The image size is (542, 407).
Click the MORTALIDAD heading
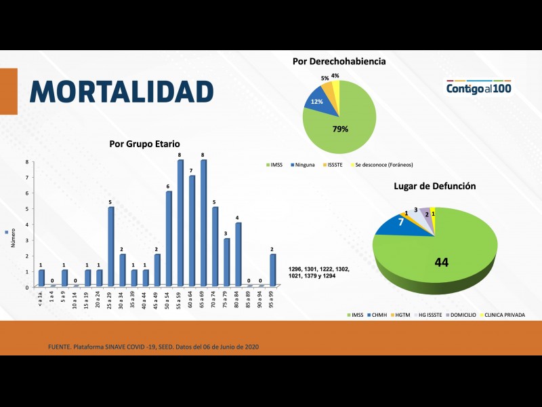click(x=121, y=92)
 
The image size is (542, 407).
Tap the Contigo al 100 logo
click(x=479, y=88)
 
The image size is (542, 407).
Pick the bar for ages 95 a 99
click(x=272, y=270)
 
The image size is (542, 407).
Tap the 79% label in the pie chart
click(x=339, y=129)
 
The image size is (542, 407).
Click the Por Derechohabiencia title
click(x=339, y=61)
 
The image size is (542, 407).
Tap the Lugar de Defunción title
click(x=434, y=186)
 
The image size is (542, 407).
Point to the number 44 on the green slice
click(x=441, y=262)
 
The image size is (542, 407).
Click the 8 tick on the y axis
click(x=27, y=161)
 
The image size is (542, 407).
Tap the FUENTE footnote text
click(x=152, y=347)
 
